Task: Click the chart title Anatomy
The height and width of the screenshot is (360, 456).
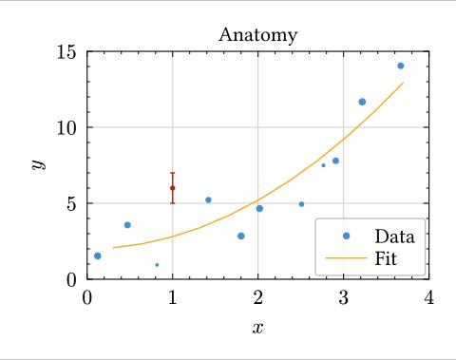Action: click(257, 36)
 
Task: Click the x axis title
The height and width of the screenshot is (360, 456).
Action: click(257, 329)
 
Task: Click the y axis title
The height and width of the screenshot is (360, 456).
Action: click(38, 164)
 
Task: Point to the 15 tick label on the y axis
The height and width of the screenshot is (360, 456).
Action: click(66, 51)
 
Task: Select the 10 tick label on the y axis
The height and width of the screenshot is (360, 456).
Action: click(66, 127)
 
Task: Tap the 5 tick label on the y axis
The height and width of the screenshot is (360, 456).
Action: click(72, 203)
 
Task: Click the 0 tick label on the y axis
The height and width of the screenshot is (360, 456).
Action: click(72, 279)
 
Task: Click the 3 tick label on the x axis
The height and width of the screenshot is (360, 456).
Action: click(343, 297)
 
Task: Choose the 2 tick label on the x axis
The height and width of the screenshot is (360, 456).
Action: click(257, 297)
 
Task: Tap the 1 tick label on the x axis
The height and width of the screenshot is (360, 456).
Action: click(172, 297)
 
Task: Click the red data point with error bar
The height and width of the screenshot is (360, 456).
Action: click(172, 188)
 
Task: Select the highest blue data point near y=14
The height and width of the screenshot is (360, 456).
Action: click(400, 66)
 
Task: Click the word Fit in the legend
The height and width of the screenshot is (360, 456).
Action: click(386, 256)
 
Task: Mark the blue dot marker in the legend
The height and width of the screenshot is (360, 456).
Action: click(346, 236)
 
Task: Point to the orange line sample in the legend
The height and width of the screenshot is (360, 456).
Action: click(346, 256)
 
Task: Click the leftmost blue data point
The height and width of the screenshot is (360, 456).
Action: click(98, 256)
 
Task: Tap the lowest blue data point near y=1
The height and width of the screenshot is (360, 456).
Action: click(157, 265)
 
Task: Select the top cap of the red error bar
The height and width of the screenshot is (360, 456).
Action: click(172, 173)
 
